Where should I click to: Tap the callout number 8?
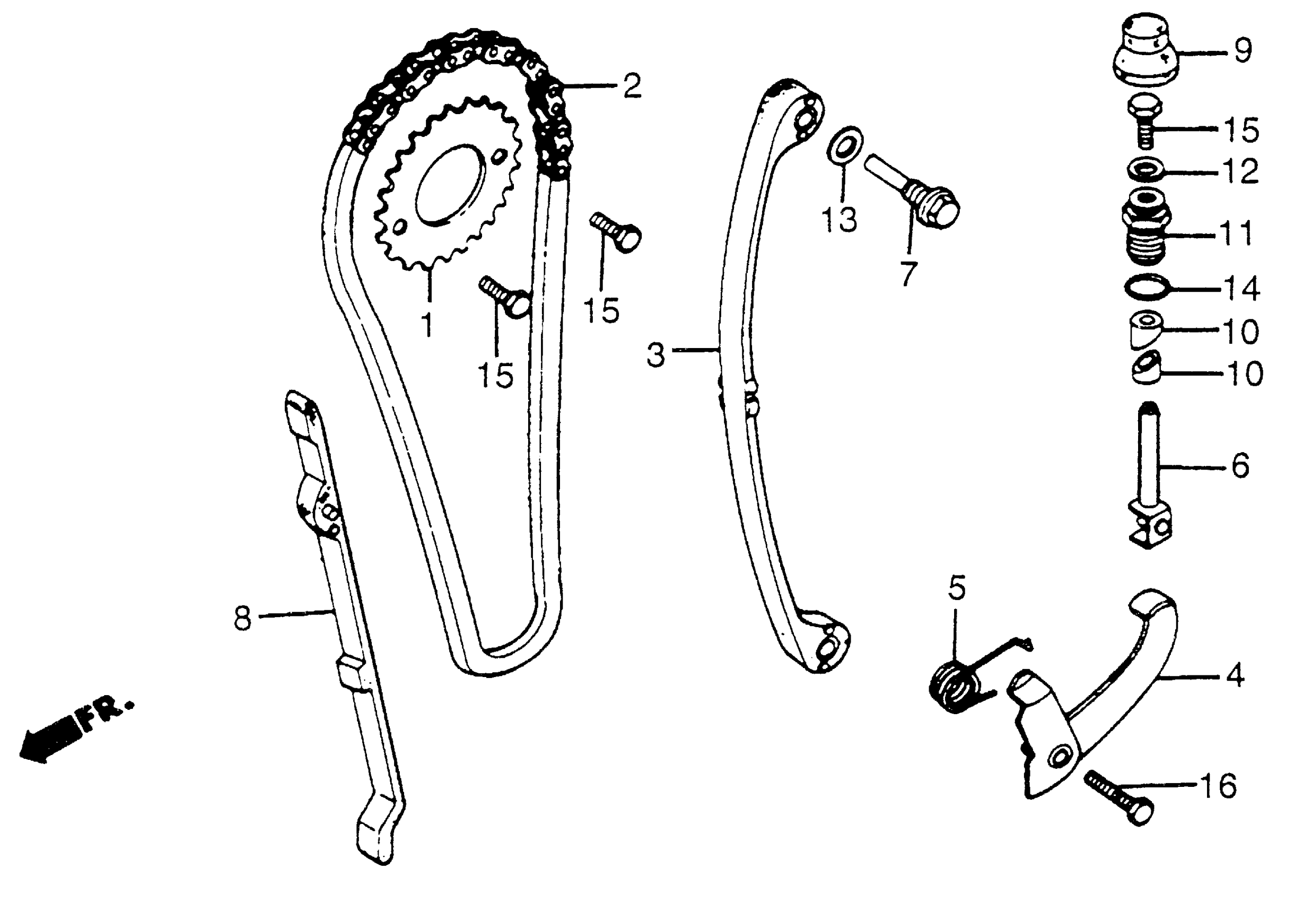pyautogui.click(x=242, y=618)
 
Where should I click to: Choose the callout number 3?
pyautogui.click(x=655, y=355)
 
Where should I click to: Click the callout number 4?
pyautogui.click(x=1234, y=675)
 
